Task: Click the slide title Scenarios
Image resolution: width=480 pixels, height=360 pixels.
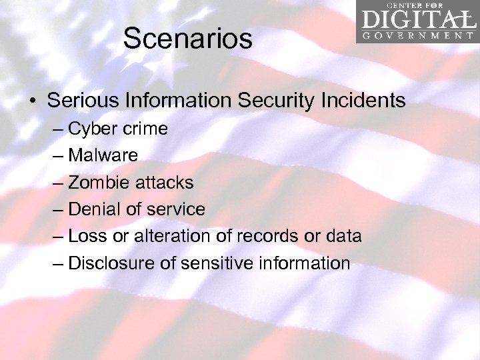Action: point(187,39)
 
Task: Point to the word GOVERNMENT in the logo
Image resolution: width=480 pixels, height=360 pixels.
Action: point(417,35)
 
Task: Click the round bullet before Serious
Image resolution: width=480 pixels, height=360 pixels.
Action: point(32,101)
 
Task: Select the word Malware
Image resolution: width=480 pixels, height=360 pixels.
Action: point(103,155)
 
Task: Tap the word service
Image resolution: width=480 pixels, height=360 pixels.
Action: point(175,209)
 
